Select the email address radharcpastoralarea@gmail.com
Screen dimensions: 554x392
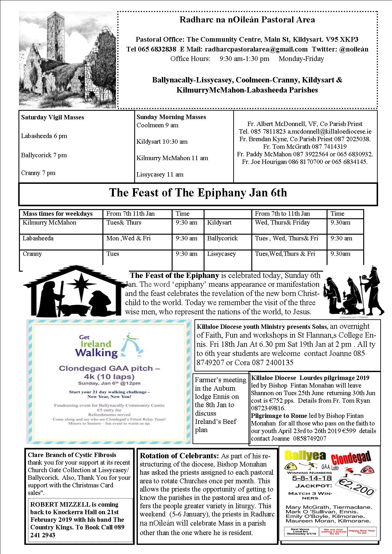[x=256, y=49]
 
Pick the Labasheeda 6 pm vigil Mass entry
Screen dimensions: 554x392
[x=44, y=136]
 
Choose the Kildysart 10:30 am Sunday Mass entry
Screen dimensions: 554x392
[x=162, y=142]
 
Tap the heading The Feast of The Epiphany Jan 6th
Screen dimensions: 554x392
[x=198, y=193]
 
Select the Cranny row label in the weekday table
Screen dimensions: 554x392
[x=32, y=254]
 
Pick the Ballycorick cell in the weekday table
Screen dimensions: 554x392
[x=222, y=238]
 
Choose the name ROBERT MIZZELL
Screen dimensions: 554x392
[x=56, y=504]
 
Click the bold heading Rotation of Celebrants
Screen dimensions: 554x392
[x=179, y=456]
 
